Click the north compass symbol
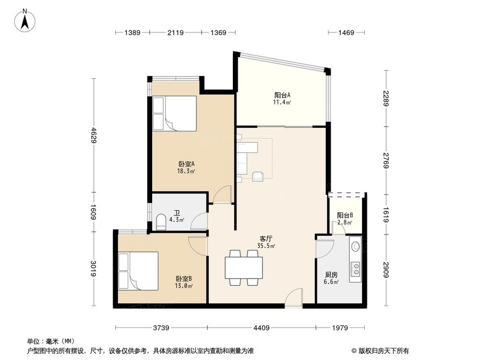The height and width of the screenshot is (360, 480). tap(26, 21)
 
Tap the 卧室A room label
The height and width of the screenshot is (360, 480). tap(187, 167)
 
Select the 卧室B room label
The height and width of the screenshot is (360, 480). tap(184, 282)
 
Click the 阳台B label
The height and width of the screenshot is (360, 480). tap(345, 218)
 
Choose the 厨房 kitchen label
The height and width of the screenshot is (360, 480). tap(331, 278)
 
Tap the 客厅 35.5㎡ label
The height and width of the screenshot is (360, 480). tap(266, 242)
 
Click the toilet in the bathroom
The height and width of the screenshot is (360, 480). tap(161, 222)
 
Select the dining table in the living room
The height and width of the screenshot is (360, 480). tap(244, 268)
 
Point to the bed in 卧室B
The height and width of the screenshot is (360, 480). tap(138, 271)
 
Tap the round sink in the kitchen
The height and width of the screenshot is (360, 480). tap(356, 246)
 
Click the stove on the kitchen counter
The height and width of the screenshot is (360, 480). tap(356, 269)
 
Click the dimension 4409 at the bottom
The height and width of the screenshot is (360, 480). tap(261, 328)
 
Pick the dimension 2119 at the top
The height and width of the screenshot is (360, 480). tap(176, 33)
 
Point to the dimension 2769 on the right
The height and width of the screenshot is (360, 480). tap(387, 160)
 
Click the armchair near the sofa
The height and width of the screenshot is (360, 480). tap(258, 176)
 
